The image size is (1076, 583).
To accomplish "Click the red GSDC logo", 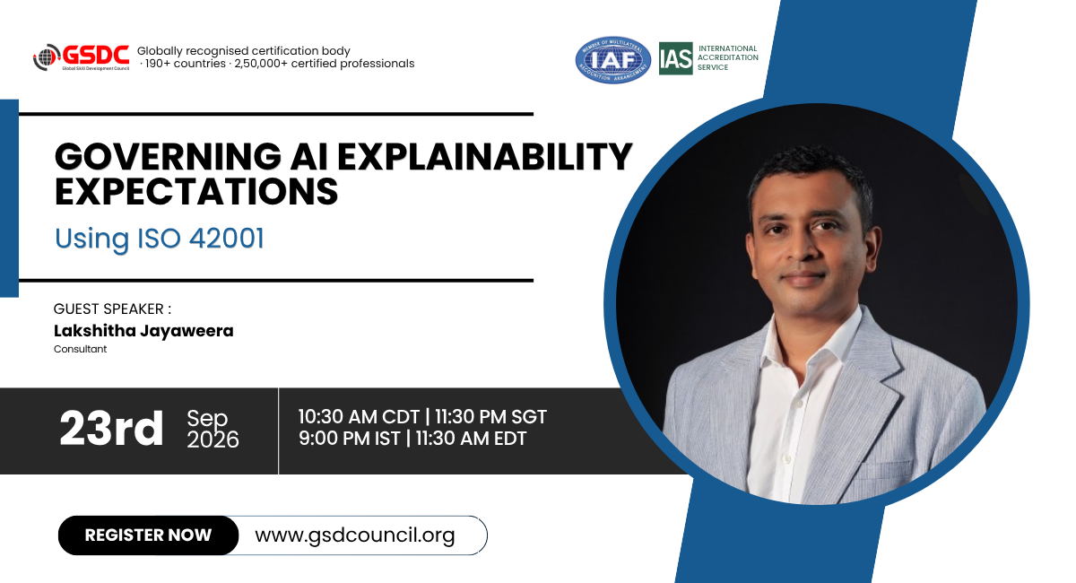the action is point(82,57).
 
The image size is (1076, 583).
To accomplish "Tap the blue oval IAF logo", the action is point(613,59).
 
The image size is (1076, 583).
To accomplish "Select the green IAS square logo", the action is point(675,58).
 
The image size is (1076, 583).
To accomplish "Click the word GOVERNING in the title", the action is point(168,157).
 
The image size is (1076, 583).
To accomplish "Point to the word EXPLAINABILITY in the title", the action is point(485,156).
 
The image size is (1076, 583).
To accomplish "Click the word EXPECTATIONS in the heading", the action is point(196,191).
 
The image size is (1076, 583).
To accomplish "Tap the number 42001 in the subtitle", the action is point(226,238).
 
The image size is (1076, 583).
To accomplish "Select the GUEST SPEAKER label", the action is point(112,309).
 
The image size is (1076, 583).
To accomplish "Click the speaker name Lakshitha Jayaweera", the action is point(143,331).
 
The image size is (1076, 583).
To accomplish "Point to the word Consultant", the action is point(80,350).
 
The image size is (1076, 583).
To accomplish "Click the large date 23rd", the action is point(111,428).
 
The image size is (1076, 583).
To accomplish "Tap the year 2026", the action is point(213,439).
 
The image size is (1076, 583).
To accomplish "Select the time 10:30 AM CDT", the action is point(359,417).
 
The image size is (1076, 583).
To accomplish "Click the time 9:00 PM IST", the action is point(350,439).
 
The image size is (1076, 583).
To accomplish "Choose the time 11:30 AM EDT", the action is point(471,439).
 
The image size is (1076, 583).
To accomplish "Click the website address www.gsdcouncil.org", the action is point(355,535).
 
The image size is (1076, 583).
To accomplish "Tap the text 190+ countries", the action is point(186,64).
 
